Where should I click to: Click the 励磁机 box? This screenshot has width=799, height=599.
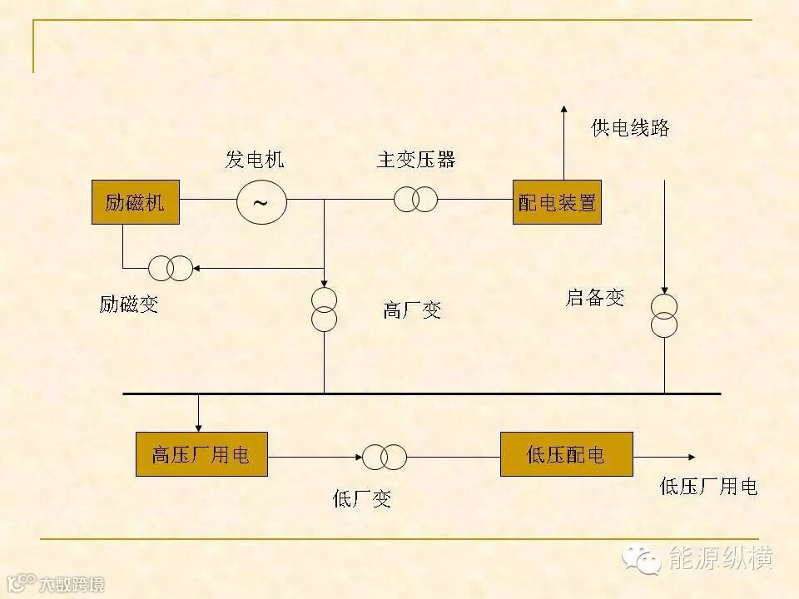click(x=135, y=202)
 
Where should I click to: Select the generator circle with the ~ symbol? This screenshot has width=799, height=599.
click(x=261, y=201)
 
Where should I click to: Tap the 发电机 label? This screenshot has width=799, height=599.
click(x=254, y=160)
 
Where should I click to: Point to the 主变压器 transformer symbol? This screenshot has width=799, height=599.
click(x=415, y=200)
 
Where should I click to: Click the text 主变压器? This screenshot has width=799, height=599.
click(x=415, y=160)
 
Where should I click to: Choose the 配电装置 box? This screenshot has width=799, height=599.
click(x=557, y=202)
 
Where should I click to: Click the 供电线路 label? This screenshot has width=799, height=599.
click(x=630, y=128)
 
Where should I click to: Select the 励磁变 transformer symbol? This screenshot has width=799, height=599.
click(x=170, y=268)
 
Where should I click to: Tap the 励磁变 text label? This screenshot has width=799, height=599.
click(x=128, y=304)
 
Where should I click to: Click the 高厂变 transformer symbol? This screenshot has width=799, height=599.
click(x=324, y=309)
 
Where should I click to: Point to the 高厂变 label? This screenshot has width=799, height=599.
click(x=412, y=311)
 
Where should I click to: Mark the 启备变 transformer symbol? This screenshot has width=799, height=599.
click(x=664, y=314)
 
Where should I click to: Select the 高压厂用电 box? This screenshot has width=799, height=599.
click(x=201, y=454)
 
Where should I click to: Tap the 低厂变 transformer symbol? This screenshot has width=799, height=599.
click(x=384, y=456)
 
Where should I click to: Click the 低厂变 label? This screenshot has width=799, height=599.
click(x=361, y=499)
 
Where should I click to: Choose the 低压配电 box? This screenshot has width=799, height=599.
click(x=566, y=454)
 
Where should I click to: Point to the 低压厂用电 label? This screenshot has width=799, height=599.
click(x=708, y=487)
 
